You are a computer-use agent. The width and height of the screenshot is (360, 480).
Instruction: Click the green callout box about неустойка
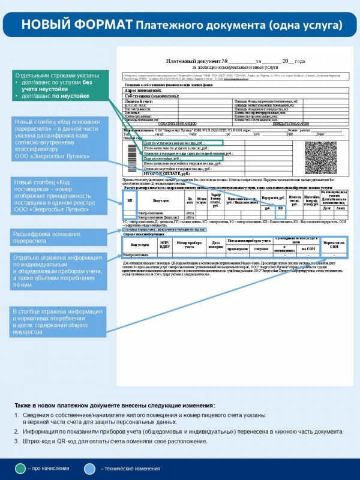[x=59, y=87]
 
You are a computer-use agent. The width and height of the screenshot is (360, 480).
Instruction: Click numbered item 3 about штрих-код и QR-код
[x=114, y=442]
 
